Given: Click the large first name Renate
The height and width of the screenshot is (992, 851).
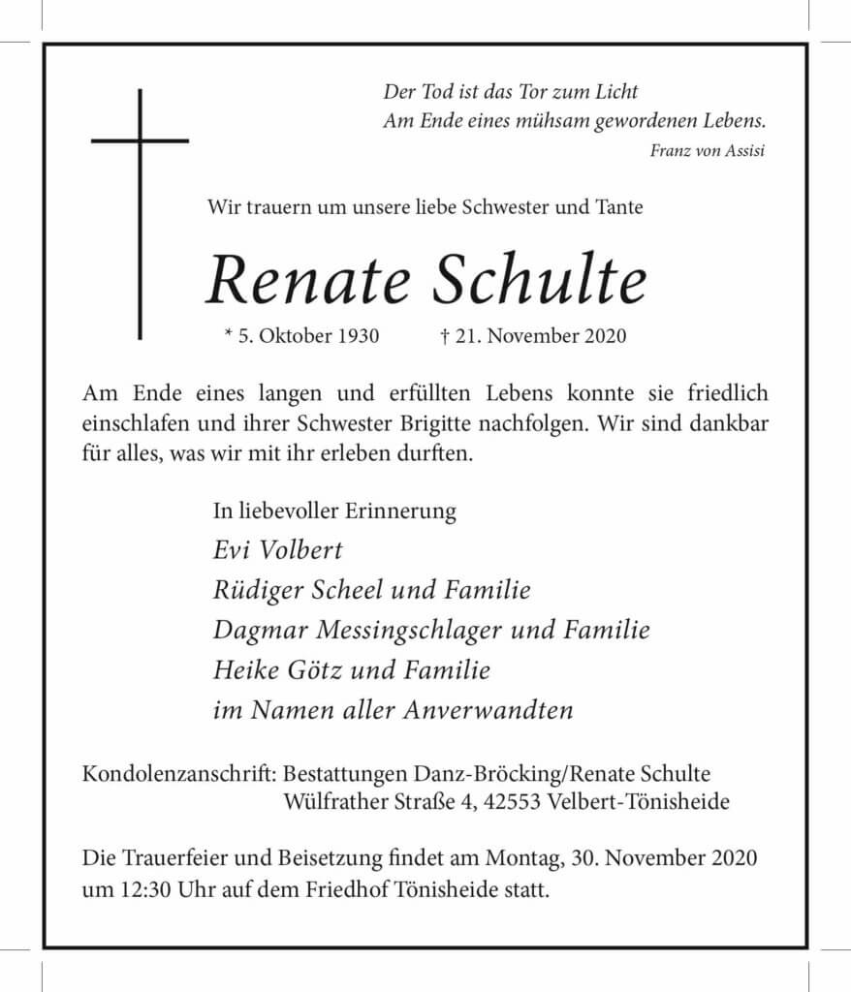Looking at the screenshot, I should point(311,281).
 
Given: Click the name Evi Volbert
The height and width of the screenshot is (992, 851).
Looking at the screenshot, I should point(277,550).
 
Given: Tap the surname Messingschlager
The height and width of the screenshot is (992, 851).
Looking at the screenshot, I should point(406,631).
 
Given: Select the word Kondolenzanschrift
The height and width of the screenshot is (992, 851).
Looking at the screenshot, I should point(180,774).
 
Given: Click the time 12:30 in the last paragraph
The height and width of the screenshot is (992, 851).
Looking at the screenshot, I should point(145,888).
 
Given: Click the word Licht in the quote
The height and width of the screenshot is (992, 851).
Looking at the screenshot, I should point(615,92).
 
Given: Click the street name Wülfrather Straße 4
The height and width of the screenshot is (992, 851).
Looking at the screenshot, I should point(378,802).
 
